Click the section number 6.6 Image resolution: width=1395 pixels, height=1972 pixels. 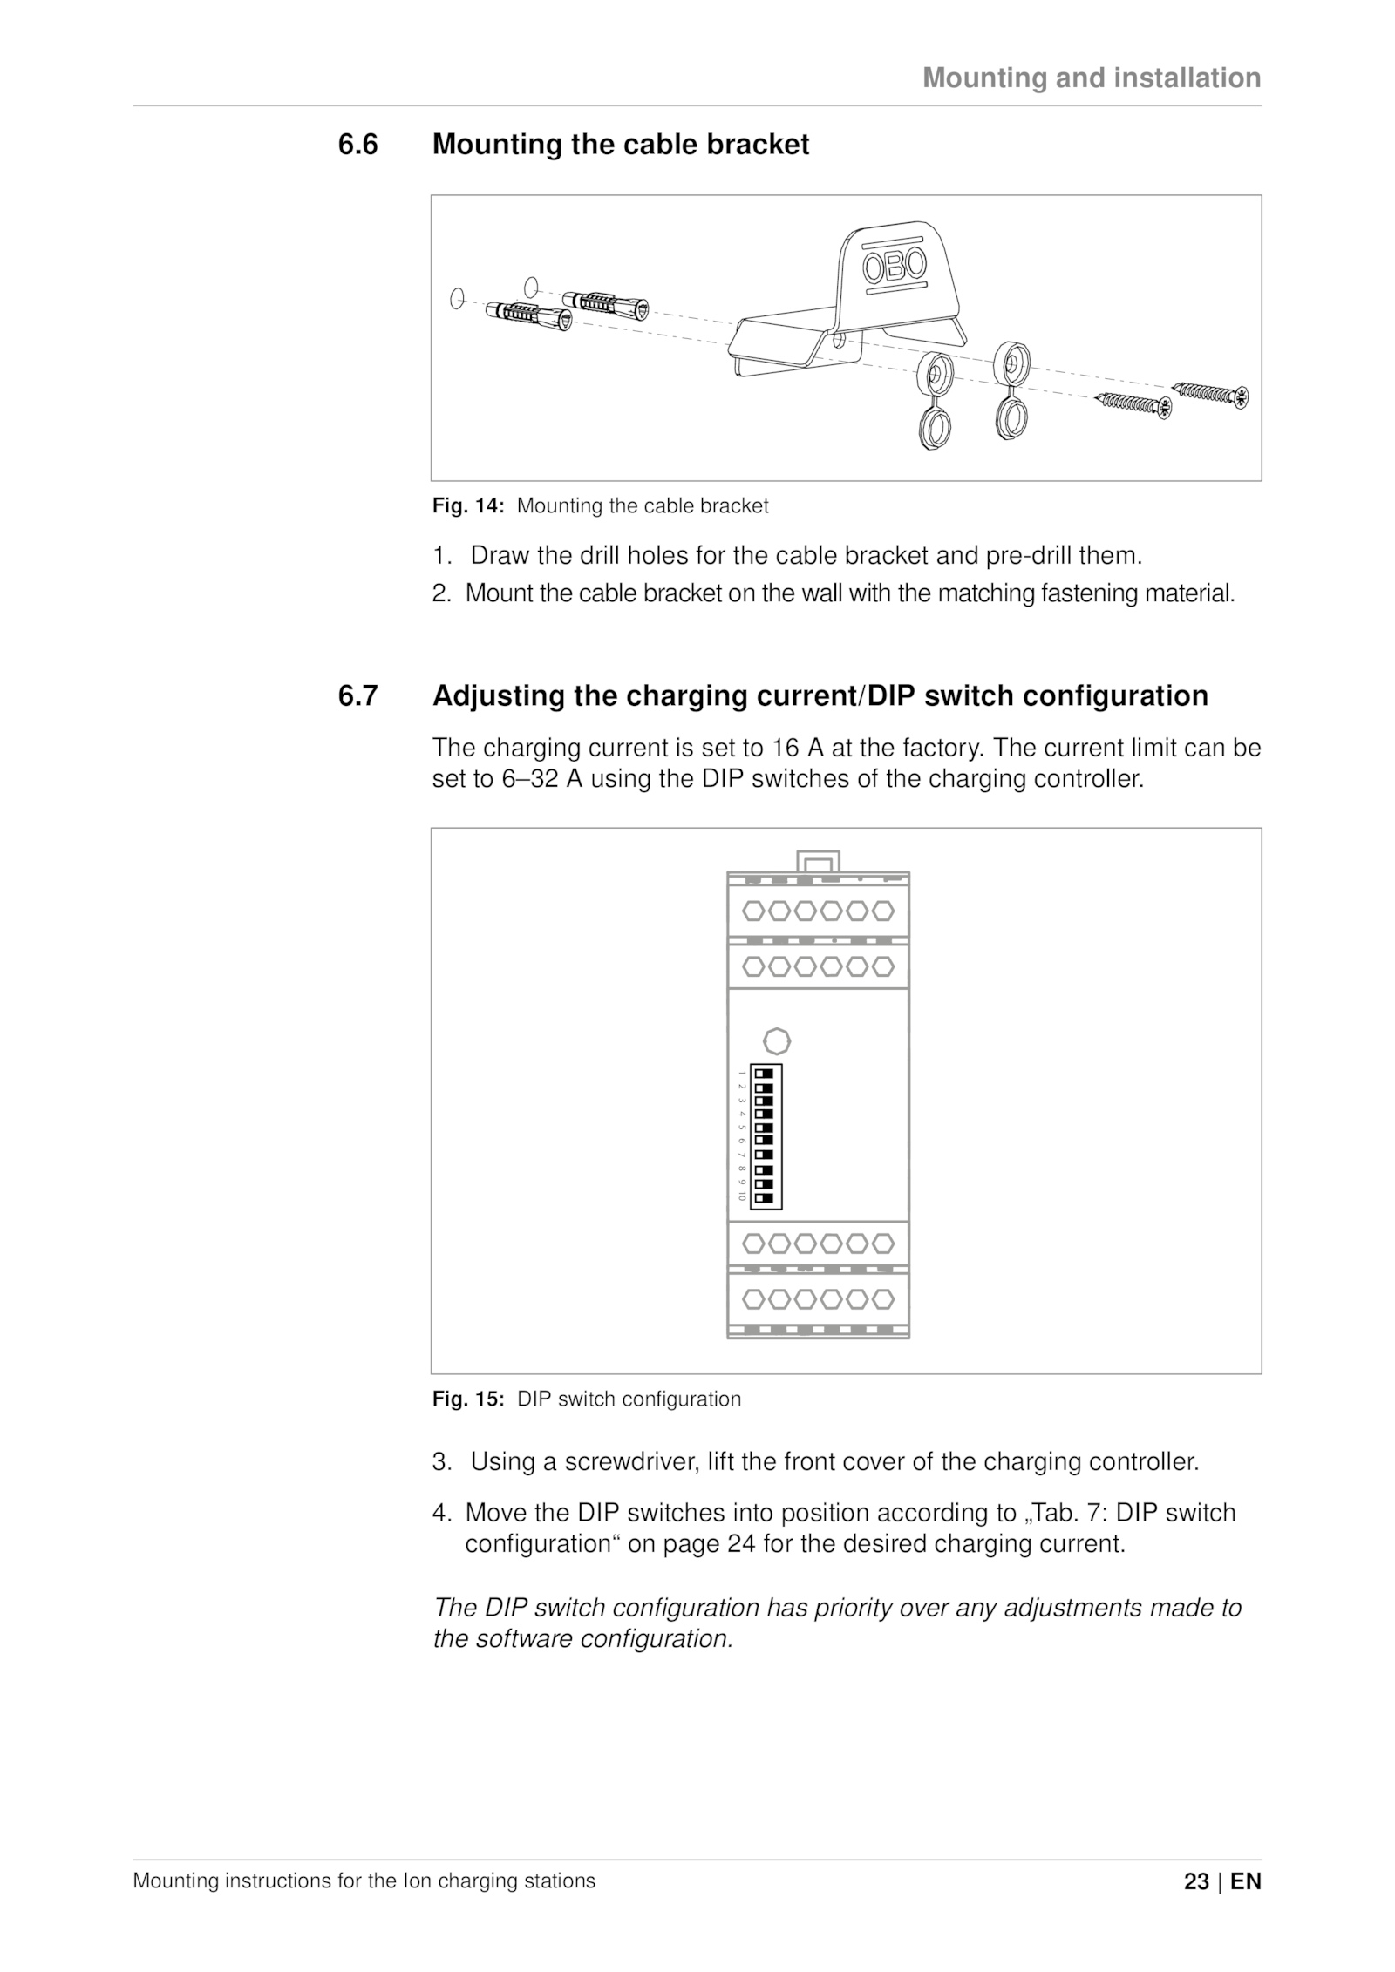click(358, 145)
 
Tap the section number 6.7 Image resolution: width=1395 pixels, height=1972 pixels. click(358, 696)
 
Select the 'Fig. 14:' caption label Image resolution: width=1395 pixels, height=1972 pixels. click(468, 506)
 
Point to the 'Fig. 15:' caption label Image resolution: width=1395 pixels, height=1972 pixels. click(468, 1399)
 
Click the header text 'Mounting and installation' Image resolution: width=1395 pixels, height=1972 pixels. click(1092, 78)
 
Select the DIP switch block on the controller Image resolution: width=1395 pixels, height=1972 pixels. click(766, 1136)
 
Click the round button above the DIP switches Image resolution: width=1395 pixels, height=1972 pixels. click(776, 1041)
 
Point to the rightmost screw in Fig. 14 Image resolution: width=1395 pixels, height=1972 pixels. click(1213, 394)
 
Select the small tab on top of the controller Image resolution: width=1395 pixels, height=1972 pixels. click(818, 862)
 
